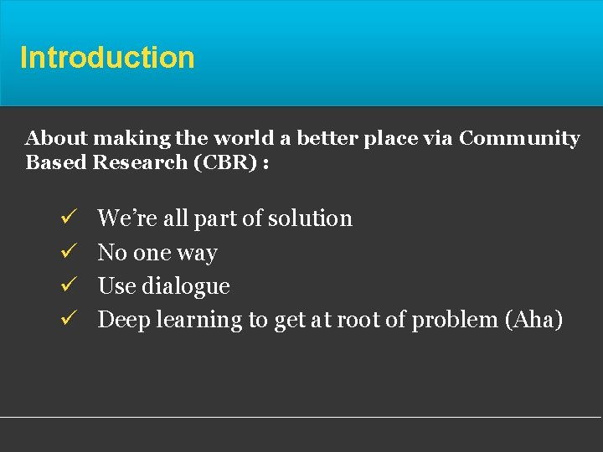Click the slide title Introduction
tap(107, 58)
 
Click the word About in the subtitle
tap(53, 138)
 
